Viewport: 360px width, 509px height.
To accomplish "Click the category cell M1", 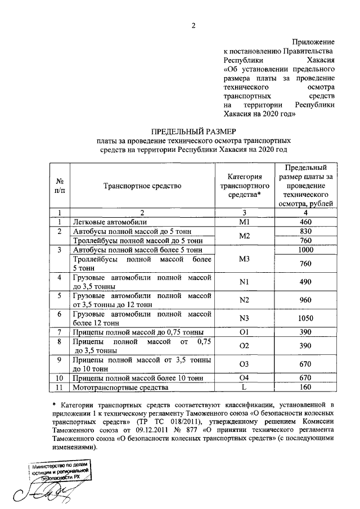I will click(x=244, y=222).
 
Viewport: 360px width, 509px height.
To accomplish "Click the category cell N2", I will click(x=244, y=299).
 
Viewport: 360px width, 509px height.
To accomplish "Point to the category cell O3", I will click(x=244, y=364).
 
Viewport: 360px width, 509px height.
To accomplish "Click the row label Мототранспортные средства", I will click(x=117, y=388).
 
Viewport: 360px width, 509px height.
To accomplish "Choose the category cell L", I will click(x=244, y=388).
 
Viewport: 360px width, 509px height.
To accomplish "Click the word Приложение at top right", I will click(x=313, y=42).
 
